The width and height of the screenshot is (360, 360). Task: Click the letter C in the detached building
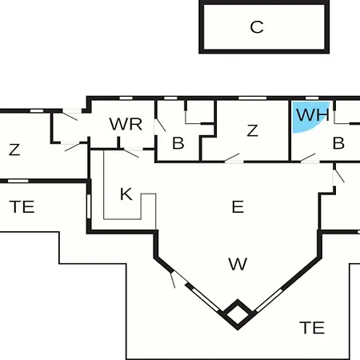point(257,27)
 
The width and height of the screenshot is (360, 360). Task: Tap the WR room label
point(126,124)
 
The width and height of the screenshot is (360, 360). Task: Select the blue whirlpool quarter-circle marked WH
point(310,116)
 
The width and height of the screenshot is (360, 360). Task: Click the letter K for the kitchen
point(126,194)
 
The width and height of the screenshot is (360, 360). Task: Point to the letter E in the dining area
point(238,206)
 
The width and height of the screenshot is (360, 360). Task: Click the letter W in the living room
point(238,264)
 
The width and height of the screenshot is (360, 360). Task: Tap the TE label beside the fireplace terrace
point(312,328)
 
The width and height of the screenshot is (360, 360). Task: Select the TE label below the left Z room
point(22,207)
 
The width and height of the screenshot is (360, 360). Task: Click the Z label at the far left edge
point(14,150)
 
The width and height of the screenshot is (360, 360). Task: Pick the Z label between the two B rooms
point(253,130)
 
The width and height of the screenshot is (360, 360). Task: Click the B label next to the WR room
point(178,143)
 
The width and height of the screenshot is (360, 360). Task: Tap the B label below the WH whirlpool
point(338,143)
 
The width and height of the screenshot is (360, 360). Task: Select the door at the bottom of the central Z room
point(233,158)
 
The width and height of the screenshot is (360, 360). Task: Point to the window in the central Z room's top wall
point(252,98)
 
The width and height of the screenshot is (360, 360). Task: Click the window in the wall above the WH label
point(312,98)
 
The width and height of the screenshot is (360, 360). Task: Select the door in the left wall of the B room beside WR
point(159,126)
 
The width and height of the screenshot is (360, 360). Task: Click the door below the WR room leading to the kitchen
point(133,152)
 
